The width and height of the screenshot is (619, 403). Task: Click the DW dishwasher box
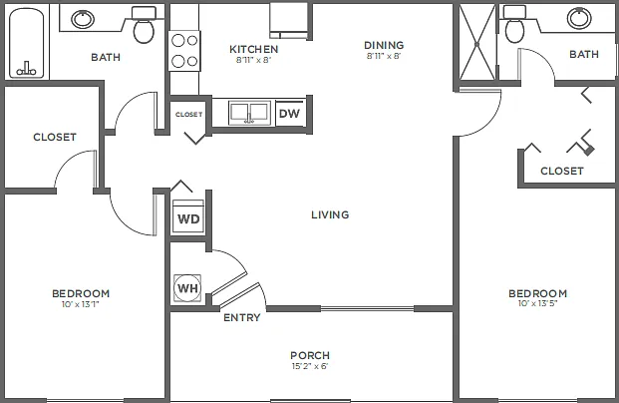[289, 114]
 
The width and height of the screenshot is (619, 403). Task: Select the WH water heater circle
[187, 288]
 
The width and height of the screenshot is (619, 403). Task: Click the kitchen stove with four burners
[184, 51]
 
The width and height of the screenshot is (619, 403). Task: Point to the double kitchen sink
[249, 113]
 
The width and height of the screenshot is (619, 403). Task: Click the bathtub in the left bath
[27, 43]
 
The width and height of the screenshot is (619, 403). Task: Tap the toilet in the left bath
[144, 26]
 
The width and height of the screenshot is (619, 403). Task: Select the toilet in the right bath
[514, 25]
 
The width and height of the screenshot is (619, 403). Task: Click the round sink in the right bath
[579, 18]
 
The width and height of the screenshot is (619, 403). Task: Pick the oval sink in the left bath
[83, 19]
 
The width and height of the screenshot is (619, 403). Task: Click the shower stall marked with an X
[476, 42]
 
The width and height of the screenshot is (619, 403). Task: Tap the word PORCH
[310, 355]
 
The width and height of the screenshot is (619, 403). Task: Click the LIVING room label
[330, 214]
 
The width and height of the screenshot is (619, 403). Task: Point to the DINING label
[384, 45]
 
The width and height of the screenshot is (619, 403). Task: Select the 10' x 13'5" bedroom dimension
[537, 303]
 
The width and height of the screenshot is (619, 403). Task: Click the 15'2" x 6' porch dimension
[310, 366]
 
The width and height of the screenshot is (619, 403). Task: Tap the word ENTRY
[242, 317]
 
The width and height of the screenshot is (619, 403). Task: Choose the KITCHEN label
[254, 49]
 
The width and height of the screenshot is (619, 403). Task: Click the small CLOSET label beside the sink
[188, 114]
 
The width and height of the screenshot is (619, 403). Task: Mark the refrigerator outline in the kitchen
[289, 21]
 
